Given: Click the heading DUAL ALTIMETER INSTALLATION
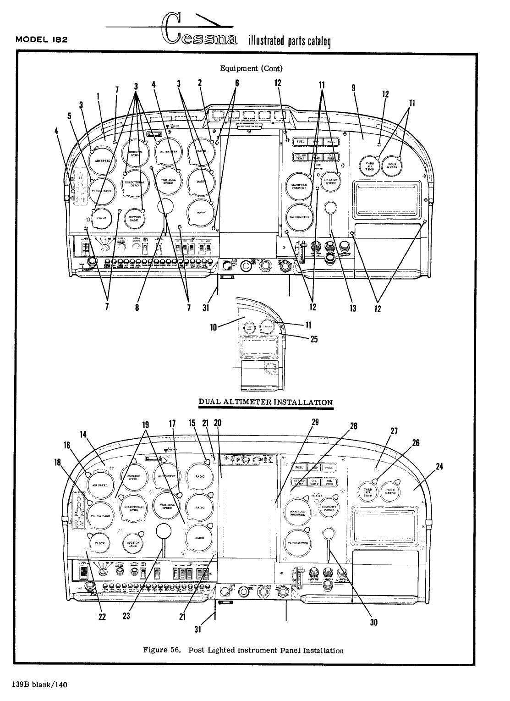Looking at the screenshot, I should [x=265, y=402].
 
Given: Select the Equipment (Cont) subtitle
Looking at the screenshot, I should [x=251, y=69].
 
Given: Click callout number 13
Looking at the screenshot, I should [x=353, y=308].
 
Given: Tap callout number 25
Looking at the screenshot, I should [x=314, y=339].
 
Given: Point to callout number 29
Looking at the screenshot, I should [x=315, y=422].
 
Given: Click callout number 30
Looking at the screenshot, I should [x=373, y=623].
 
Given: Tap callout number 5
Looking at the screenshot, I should [x=69, y=116].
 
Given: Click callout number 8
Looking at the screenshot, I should [x=137, y=308].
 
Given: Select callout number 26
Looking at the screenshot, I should [x=416, y=443].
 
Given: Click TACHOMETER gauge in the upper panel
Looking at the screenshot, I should [x=300, y=217].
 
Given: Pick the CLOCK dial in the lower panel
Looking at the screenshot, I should [x=99, y=544].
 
